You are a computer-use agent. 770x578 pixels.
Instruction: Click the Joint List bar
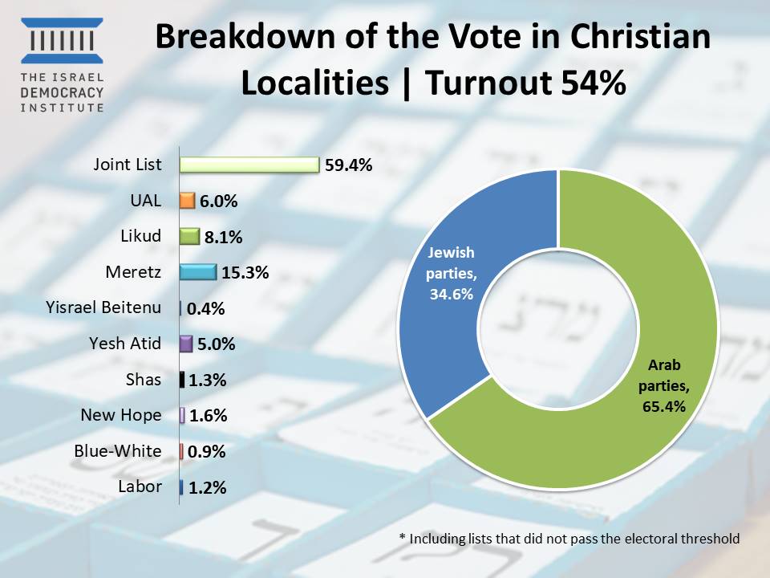click(x=249, y=165)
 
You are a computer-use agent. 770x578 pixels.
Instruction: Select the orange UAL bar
click(x=188, y=201)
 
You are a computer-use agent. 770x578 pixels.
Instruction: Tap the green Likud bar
click(x=189, y=236)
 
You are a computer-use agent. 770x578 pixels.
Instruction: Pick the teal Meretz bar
click(x=198, y=272)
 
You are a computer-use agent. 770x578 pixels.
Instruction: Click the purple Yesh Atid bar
click(x=185, y=344)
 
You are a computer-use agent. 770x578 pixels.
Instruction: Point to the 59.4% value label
click(x=349, y=165)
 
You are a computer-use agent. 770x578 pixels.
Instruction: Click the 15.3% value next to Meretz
click(x=245, y=273)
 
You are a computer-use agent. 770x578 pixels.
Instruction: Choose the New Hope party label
click(x=121, y=415)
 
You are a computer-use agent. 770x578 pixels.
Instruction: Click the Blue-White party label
click(x=117, y=450)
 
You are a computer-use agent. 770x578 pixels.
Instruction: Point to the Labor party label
click(x=140, y=486)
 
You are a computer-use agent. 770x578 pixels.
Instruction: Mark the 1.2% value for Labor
click(x=208, y=487)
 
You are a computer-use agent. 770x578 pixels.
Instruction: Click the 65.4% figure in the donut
click(x=663, y=407)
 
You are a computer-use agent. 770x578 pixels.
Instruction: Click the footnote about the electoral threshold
click(x=569, y=539)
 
